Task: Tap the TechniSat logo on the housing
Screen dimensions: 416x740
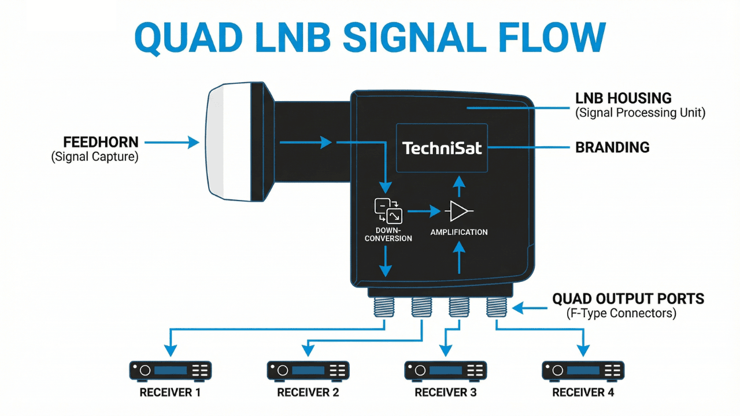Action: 442,148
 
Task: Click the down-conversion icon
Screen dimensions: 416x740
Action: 388,211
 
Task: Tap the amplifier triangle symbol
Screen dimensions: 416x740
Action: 459,211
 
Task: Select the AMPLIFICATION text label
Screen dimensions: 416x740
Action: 459,232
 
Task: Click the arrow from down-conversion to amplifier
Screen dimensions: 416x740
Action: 423,212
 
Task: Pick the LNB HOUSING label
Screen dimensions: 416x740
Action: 623,98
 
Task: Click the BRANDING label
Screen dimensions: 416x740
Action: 612,147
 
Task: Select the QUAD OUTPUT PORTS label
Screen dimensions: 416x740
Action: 628,299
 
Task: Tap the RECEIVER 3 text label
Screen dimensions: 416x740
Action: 445,393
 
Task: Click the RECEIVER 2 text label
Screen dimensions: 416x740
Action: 308,393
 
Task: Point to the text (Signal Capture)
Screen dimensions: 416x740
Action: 95,157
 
